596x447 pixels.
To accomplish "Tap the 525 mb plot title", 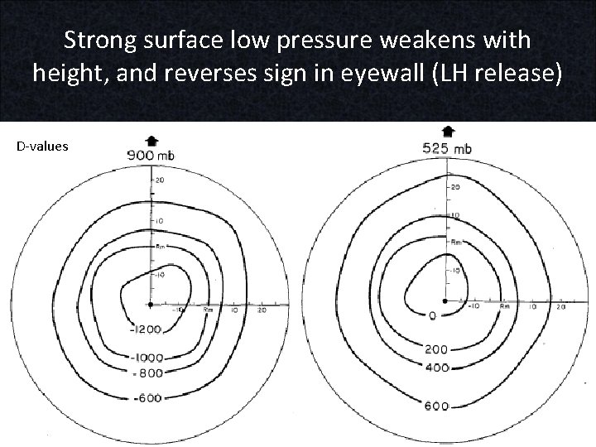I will point(447,148).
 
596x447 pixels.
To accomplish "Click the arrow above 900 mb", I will point(151,140).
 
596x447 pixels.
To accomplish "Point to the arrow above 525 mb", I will point(448,132).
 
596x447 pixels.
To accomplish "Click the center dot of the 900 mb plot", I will point(151,305).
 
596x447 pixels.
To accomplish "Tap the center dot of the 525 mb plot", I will point(445,299).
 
